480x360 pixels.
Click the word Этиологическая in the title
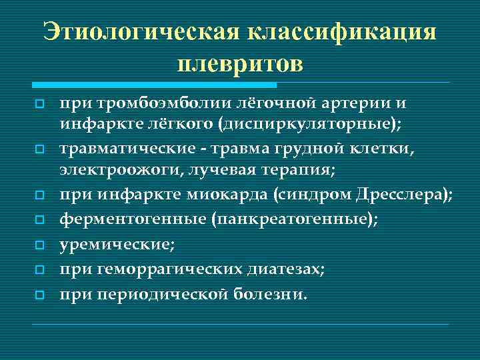[x=140, y=32]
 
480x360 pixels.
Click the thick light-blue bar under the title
[x=154, y=85]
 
